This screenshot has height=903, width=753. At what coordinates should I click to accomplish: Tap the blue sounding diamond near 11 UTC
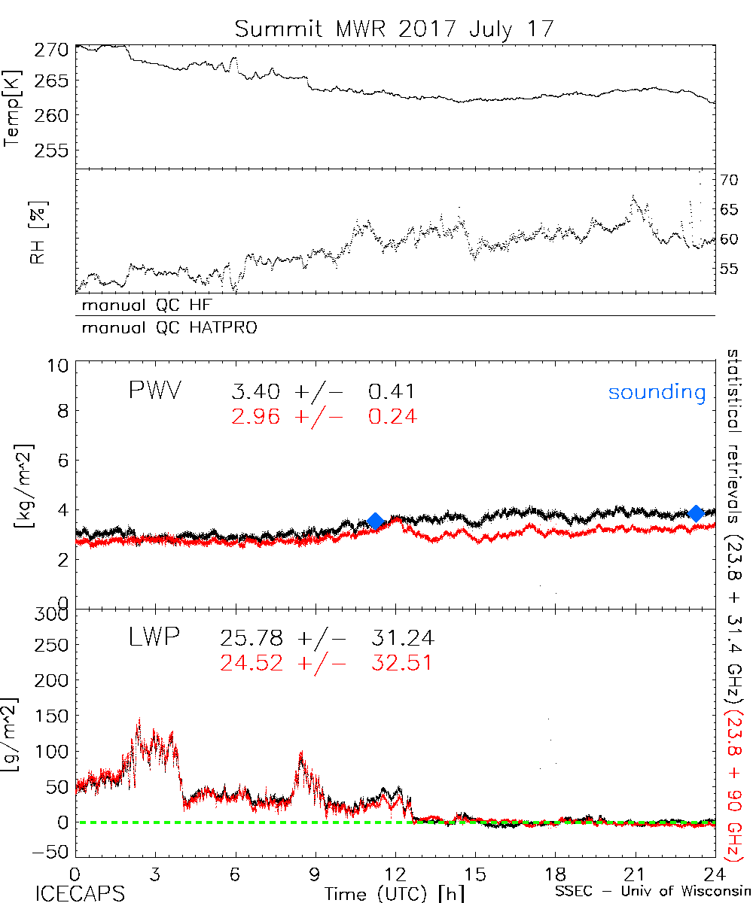(x=376, y=521)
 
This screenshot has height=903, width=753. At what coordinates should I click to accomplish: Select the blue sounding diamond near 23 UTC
(x=697, y=513)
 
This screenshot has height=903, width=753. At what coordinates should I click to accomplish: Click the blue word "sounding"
(x=657, y=392)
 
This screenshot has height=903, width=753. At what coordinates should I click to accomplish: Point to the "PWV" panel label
(x=154, y=391)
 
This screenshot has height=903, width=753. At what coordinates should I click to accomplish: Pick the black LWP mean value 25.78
(x=252, y=639)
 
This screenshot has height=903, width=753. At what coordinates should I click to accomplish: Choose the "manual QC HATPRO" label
(x=163, y=328)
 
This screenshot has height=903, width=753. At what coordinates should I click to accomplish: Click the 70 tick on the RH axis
(x=728, y=180)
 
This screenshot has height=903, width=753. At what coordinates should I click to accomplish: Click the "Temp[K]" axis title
(x=13, y=108)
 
